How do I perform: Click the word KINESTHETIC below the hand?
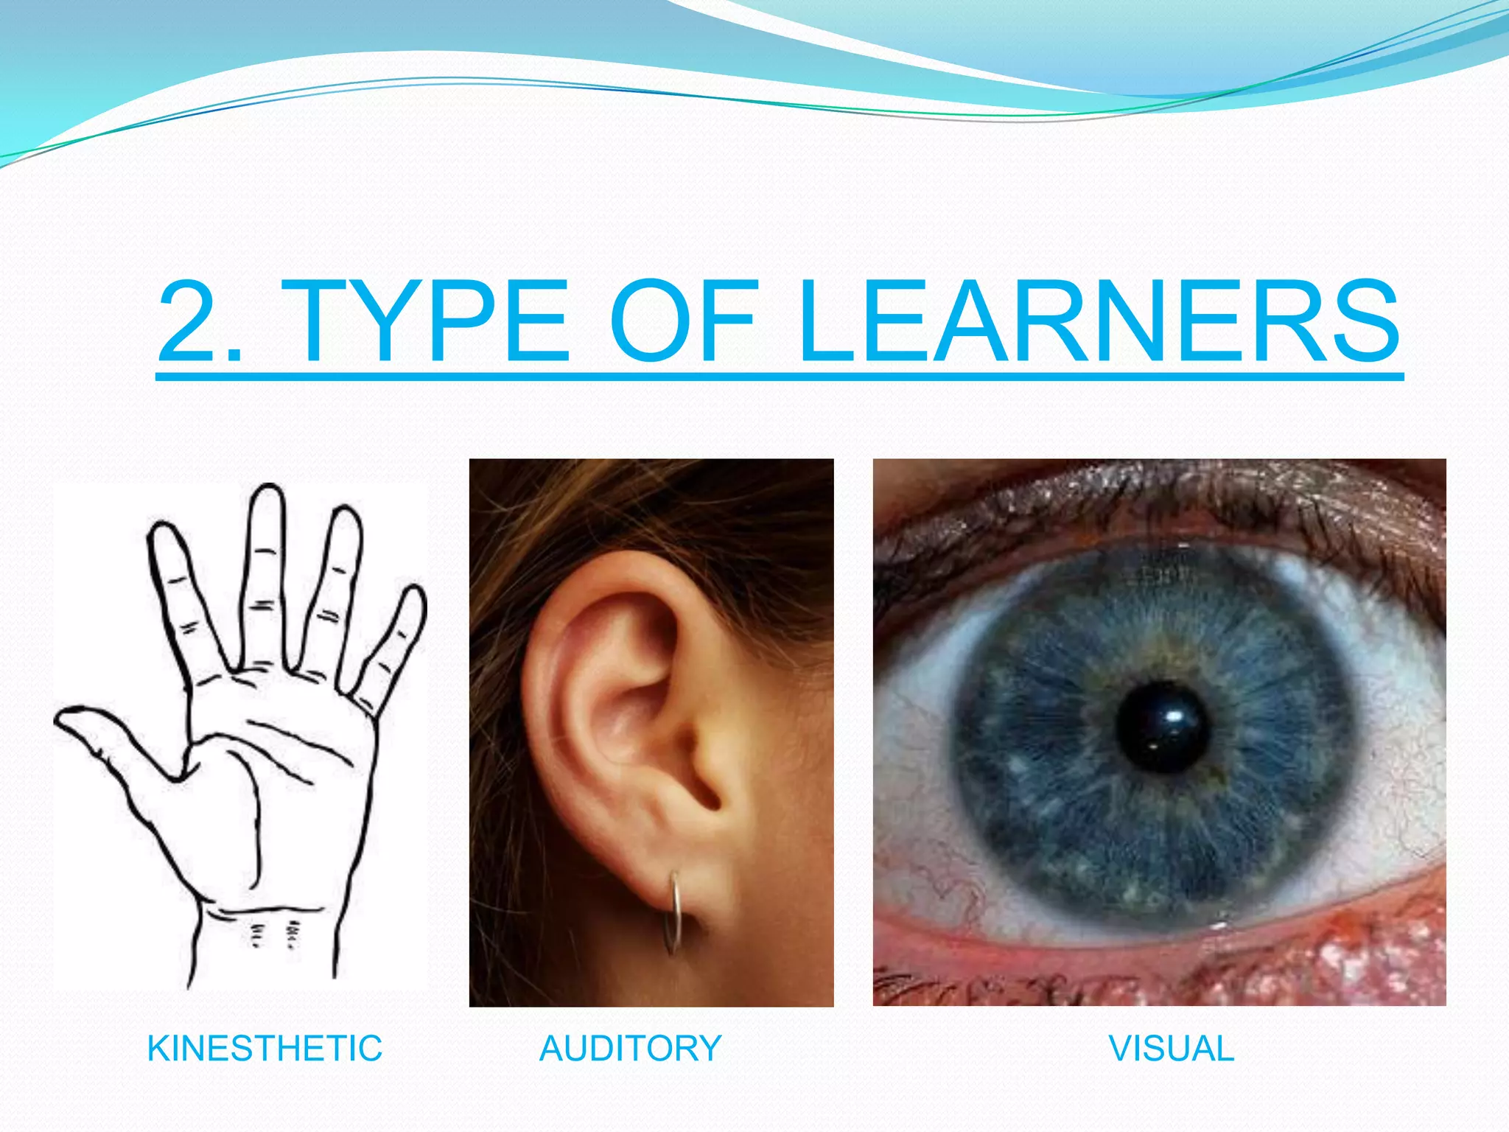(265, 1048)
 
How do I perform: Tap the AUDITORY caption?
(631, 1048)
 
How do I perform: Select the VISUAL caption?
(1171, 1048)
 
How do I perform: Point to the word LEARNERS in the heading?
(1098, 322)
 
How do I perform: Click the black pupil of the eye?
(1162, 727)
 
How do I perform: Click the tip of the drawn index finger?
(162, 531)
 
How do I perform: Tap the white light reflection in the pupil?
(1174, 716)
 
